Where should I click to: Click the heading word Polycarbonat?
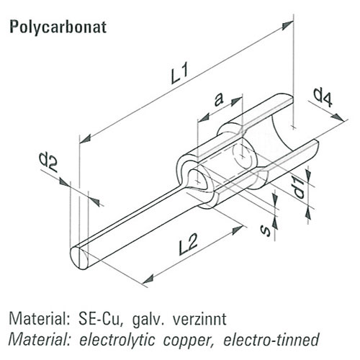(58, 27)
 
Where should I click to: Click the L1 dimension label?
(179, 73)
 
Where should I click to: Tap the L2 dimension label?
(189, 244)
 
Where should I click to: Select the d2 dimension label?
(48, 162)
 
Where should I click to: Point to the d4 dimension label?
(323, 98)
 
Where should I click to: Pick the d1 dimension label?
(299, 189)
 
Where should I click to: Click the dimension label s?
(266, 231)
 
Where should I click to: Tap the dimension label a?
(218, 99)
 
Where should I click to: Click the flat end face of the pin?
(79, 258)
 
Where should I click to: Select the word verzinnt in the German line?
(199, 319)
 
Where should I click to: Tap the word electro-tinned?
(271, 339)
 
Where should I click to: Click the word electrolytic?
(117, 341)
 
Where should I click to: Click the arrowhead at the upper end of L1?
(287, 25)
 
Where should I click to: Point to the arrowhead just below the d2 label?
(64, 181)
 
